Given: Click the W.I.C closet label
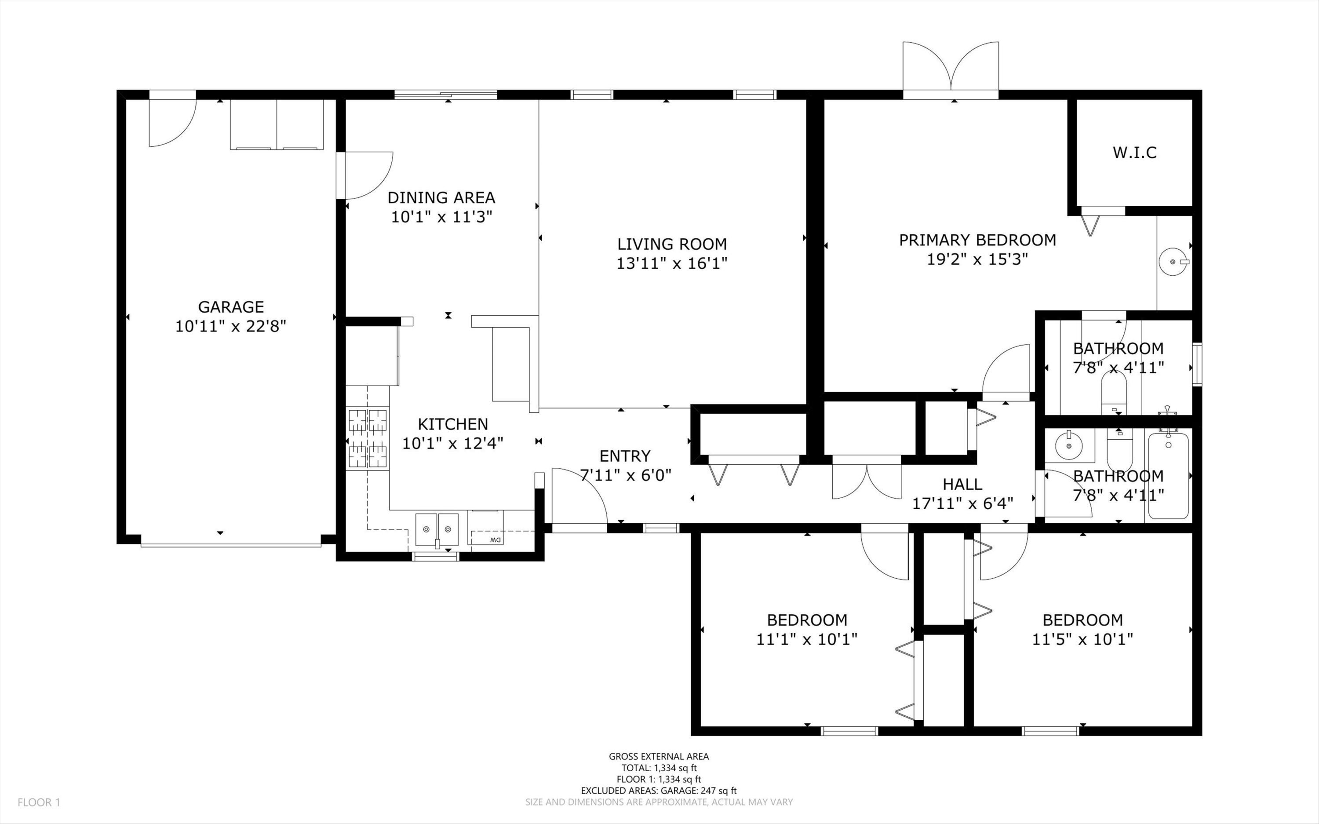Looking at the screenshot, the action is point(1135,153).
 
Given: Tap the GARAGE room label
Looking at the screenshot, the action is point(231,307).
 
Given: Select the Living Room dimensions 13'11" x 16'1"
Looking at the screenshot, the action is point(672,264).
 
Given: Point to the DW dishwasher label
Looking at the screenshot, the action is point(495,540).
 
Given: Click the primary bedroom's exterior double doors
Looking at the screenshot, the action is point(951,70).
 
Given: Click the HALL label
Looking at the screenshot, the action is point(963,484).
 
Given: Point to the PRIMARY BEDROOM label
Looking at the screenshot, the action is point(977,240).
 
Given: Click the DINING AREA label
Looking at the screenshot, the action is point(441,197).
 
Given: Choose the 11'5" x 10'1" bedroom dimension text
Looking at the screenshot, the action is point(1082,639).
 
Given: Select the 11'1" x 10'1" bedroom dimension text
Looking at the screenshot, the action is point(807,639).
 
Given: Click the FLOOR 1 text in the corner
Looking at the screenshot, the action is point(39,802).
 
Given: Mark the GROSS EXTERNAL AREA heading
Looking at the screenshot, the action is point(659,756).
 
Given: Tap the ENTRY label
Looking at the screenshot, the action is point(625,456).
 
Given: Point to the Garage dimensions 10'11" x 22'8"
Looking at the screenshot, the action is point(231,326).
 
